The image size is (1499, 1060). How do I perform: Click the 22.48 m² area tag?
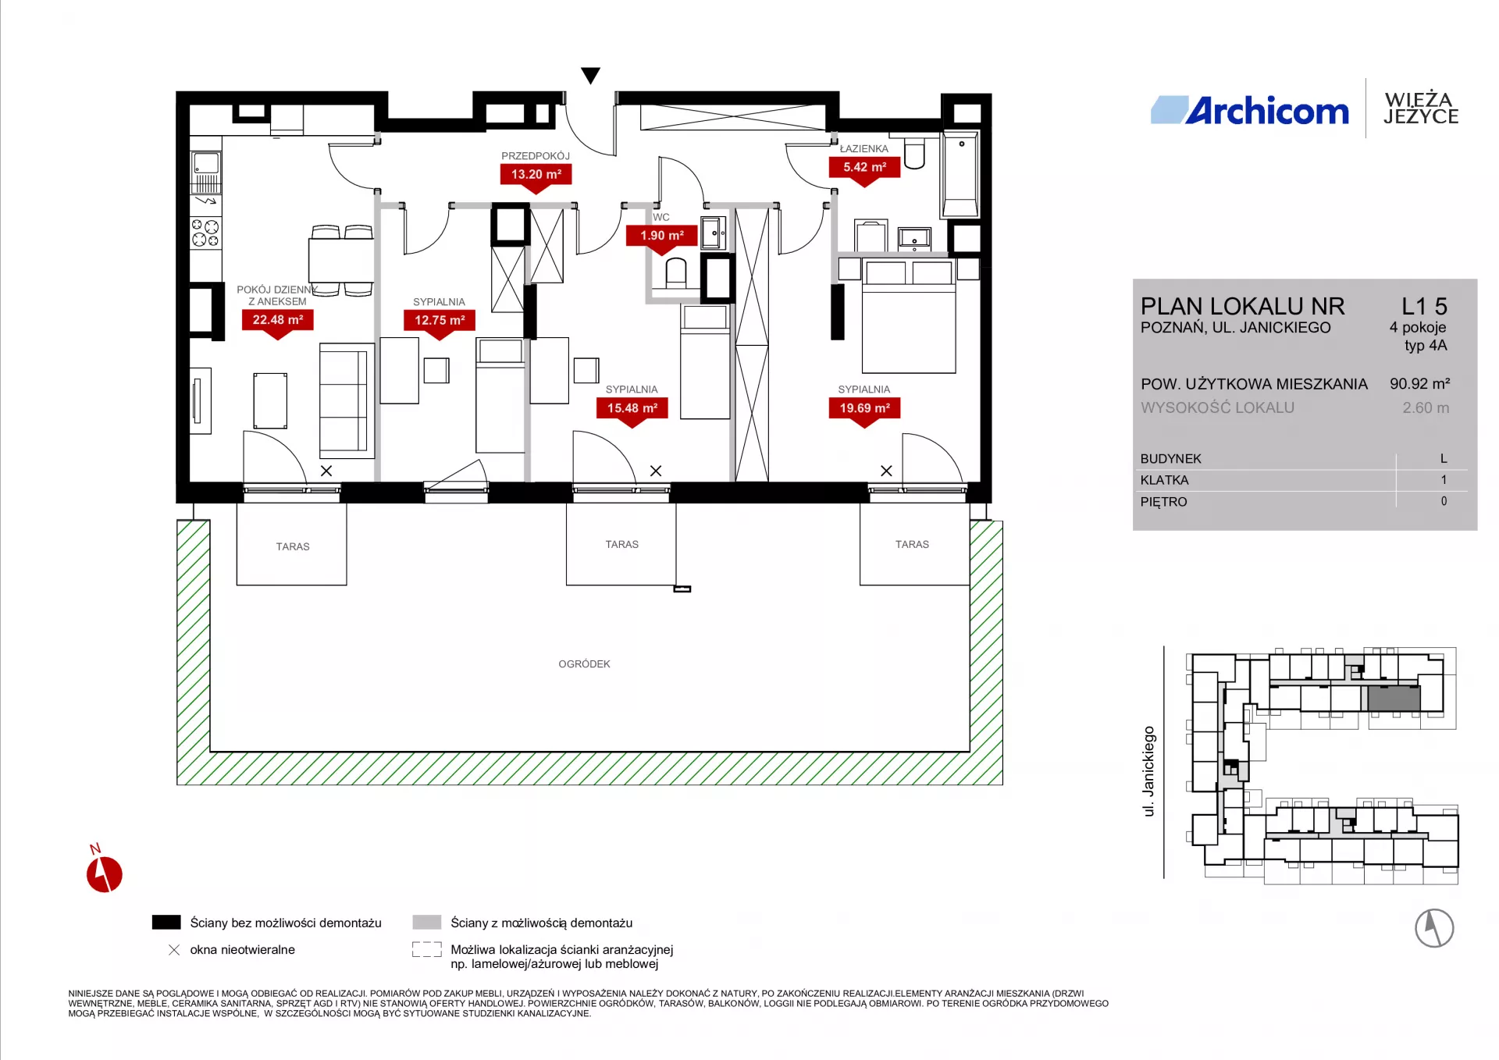[x=278, y=321]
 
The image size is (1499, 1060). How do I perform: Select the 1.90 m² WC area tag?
[x=662, y=237]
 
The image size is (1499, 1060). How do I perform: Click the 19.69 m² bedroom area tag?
[x=864, y=409]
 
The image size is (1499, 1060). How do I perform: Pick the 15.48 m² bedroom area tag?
[x=632, y=409]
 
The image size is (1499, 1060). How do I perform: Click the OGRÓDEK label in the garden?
[x=584, y=664]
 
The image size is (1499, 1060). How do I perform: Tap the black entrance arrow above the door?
[x=591, y=75]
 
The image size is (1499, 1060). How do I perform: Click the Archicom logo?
[x=1250, y=111]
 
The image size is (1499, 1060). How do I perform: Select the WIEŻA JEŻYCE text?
[x=1421, y=108]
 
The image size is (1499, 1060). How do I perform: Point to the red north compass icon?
[x=104, y=873]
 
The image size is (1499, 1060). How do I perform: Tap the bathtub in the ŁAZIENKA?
[x=960, y=175]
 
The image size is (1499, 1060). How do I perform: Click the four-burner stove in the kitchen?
[x=206, y=233]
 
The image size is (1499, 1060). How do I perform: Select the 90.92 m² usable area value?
[x=1419, y=384]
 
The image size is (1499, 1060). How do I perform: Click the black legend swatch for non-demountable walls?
[x=166, y=922]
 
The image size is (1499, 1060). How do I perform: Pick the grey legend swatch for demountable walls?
[x=427, y=922]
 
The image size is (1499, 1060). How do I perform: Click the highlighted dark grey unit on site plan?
[x=1394, y=699]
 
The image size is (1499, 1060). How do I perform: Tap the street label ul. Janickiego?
[x=1148, y=771]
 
